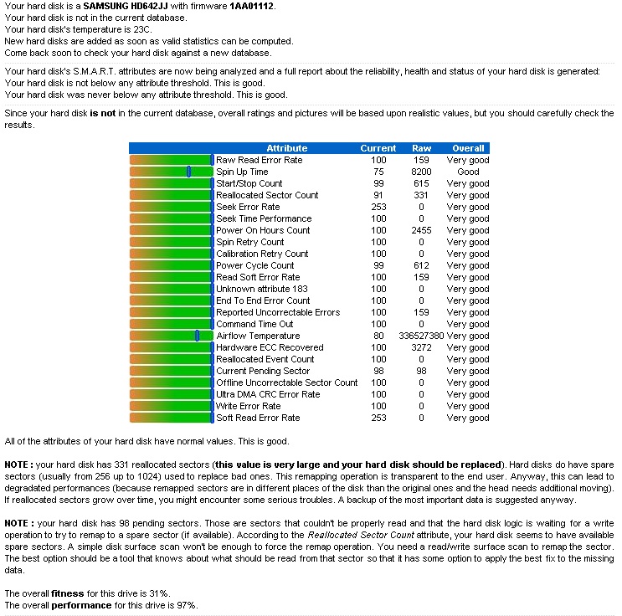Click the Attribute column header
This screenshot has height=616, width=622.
point(286,148)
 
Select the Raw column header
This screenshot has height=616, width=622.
point(422,148)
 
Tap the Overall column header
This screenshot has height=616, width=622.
point(468,148)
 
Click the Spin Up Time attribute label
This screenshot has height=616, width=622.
point(242,172)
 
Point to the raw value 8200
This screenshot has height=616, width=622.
point(422,172)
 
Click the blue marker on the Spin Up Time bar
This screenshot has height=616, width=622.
point(188,172)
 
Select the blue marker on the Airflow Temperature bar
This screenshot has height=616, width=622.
point(197,336)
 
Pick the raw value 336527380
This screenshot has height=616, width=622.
point(422,336)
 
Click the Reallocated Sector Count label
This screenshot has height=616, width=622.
point(267,195)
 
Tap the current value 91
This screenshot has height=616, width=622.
point(378,195)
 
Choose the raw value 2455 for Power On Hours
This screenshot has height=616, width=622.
point(422,230)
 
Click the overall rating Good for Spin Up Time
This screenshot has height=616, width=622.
point(468,172)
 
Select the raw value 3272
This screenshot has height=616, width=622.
point(422,347)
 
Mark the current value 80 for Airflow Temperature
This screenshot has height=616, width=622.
point(378,336)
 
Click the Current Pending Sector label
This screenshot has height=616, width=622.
point(263,371)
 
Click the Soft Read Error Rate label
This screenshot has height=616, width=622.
point(258,418)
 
